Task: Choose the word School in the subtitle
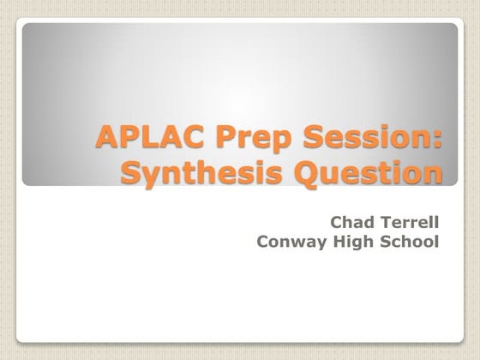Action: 411,242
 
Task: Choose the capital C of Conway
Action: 262,242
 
